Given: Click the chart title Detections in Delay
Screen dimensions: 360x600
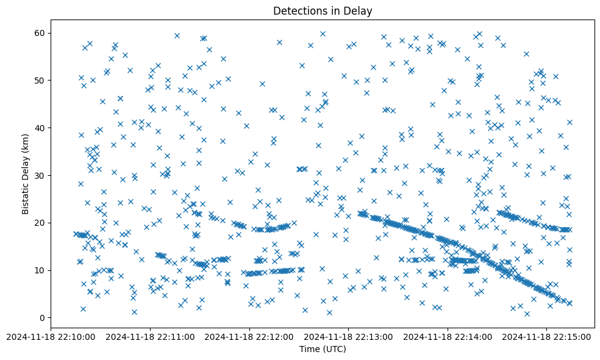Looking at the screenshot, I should [323, 11].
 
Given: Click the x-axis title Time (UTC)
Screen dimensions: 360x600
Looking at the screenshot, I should [323, 349].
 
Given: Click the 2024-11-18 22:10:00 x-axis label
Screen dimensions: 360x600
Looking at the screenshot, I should [51, 336].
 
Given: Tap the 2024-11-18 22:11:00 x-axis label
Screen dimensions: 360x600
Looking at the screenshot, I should [150, 336].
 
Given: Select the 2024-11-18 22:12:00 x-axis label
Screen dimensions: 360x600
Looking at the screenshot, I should [249, 336].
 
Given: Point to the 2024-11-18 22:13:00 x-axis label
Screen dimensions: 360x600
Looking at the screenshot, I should [348, 336].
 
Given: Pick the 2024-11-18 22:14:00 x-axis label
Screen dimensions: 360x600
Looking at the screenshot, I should [448, 336].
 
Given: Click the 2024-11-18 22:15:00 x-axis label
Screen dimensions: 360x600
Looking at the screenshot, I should [546, 336].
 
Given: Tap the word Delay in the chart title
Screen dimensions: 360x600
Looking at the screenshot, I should [360, 11].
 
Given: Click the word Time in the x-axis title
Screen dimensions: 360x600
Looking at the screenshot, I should [310, 349].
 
